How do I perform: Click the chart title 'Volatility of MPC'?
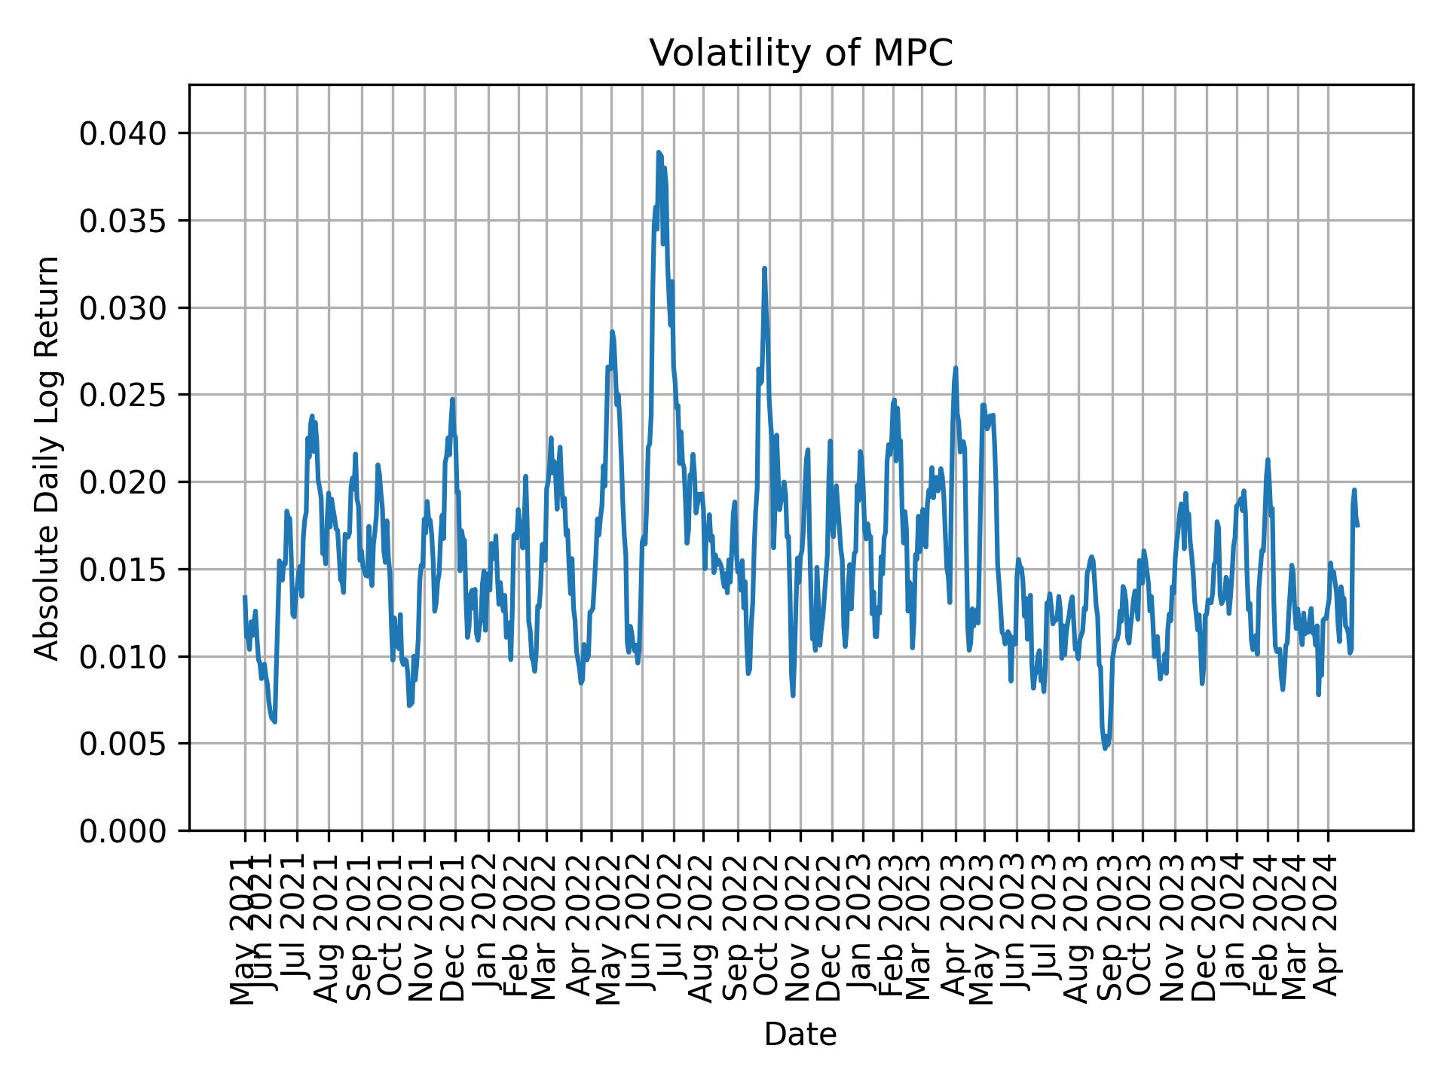[x=800, y=53]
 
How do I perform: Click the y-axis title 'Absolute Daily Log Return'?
[x=48, y=457]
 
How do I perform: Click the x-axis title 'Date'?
[x=800, y=1035]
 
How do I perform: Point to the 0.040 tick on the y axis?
[x=123, y=134]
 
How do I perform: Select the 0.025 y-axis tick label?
[x=123, y=395]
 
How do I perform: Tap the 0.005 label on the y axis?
[x=123, y=744]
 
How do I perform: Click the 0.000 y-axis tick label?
[x=123, y=830]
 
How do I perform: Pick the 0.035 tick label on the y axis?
[x=123, y=221]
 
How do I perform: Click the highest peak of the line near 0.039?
[x=658, y=153]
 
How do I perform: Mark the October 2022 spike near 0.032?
[x=764, y=268]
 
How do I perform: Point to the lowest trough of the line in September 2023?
[x=1106, y=747]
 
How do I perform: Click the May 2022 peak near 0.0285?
[x=612, y=332]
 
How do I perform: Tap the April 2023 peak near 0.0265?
[x=956, y=368]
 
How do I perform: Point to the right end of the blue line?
[x=1357, y=525]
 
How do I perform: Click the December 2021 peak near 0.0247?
[x=452, y=399]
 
